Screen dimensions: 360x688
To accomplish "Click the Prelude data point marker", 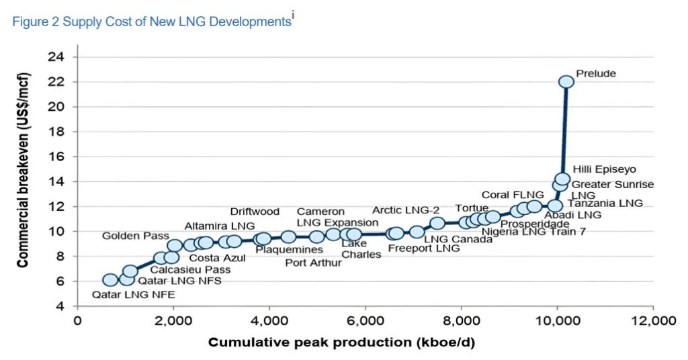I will click(566, 81).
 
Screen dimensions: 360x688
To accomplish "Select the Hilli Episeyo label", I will click(604, 169).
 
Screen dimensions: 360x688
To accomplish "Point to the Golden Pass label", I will click(132, 236).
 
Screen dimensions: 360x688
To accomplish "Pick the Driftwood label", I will click(255, 212).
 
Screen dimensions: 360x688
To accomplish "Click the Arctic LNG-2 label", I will click(406, 211).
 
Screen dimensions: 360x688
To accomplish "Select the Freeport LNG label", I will click(424, 249).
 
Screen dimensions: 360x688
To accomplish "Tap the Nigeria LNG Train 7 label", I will click(533, 232).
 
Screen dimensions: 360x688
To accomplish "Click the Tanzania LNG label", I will click(605, 202).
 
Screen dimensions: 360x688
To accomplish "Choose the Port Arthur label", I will click(313, 263).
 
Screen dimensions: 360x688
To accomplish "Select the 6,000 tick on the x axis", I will click(365, 320).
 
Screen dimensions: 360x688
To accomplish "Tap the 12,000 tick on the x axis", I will click(652, 320).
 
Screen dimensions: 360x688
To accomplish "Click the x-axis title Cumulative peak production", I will click(341, 343).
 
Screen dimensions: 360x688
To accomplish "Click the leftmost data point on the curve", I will click(111, 280).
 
